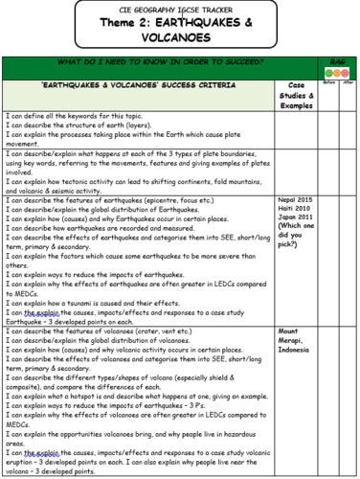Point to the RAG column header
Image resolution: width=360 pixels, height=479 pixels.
[336, 62]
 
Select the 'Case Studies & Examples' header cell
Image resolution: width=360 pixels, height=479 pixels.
[296, 96]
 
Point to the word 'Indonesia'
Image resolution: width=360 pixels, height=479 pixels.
[296, 350]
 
